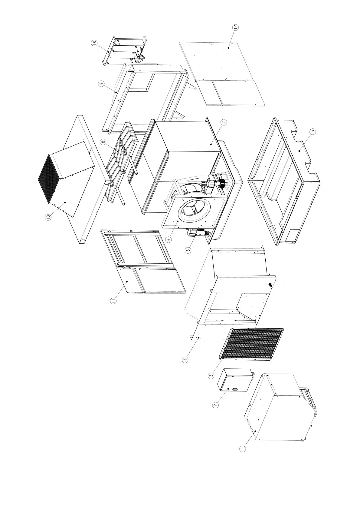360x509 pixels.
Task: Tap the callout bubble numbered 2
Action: pos(215,405)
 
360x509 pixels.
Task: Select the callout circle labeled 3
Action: pos(211,375)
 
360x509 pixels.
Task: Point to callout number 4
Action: pos(185,359)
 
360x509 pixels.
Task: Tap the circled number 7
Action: pos(224,122)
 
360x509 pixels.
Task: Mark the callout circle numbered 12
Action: pos(236,27)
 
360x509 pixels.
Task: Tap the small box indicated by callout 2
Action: pos(234,380)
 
